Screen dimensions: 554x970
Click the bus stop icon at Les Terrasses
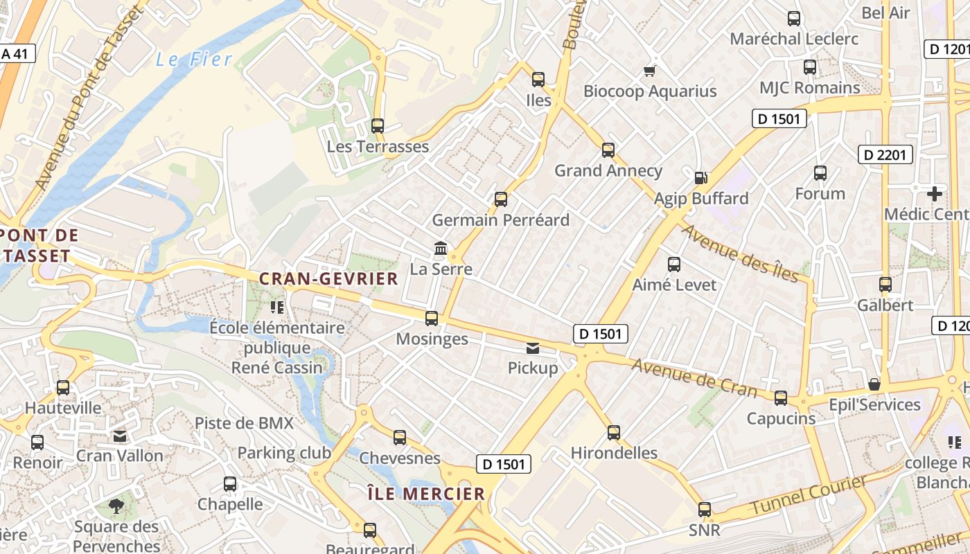point(378,126)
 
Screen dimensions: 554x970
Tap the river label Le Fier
point(194,60)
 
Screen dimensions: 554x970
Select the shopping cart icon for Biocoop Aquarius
point(650,70)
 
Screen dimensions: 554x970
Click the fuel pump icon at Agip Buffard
point(701,178)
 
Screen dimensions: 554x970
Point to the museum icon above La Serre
point(440,248)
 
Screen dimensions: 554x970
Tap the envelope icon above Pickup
point(533,348)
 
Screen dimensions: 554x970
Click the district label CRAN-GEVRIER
point(328,279)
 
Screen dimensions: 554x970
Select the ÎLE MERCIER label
point(426,494)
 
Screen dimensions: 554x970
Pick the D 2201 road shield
point(885,154)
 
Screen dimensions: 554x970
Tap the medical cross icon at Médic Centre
point(934,194)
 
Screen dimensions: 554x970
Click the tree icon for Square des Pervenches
point(116,506)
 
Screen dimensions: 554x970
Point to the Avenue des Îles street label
point(746,253)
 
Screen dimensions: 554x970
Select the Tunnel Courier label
point(809,496)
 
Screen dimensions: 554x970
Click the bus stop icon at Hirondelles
point(614,433)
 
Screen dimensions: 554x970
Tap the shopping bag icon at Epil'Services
point(874,384)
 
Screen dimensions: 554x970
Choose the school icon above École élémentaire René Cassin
point(278,307)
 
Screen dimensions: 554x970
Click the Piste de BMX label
point(244,423)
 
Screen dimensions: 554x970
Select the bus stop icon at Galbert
point(885,285)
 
